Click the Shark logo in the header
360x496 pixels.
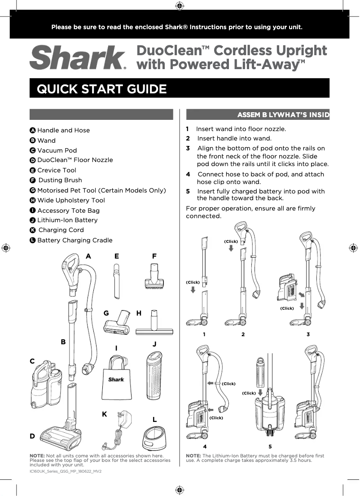(x=78, y=58)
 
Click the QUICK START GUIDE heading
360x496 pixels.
(x=101, y=89)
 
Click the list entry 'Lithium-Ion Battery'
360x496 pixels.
(x=67, y=220)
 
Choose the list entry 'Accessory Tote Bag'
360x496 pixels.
(x=68, y=211)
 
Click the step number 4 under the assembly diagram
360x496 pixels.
(x=205, y=447)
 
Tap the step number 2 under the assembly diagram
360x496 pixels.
(x=243, y=334)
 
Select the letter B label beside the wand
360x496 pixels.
(x=63, y=342)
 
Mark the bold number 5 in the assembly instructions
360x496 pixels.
(x=188, y=192)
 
